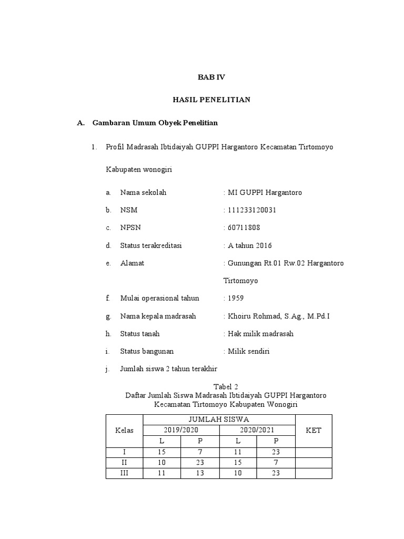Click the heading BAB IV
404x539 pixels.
(211, 77)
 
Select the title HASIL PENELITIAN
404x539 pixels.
(211, 99)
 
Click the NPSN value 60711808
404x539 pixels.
(243, 228)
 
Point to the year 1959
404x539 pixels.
(235, 298)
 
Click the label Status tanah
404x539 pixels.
(139, 334)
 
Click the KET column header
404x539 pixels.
(313, 430)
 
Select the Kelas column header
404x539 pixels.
(124, 430)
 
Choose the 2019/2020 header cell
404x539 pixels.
(181, 430)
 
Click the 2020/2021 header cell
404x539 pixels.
(257, 430)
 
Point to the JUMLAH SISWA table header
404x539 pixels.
(219, 420)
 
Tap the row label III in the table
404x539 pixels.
(124, 473)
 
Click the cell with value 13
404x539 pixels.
(200, 473)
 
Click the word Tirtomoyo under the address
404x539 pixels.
(241, 281)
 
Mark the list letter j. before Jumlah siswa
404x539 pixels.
(107, 369)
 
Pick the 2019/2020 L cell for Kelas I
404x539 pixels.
(162, 452)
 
